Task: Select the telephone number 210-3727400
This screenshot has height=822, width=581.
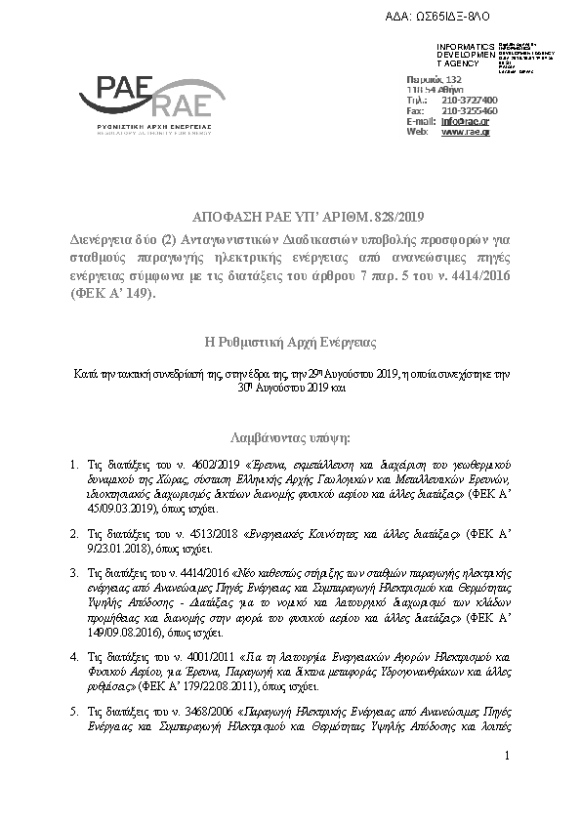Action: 470,100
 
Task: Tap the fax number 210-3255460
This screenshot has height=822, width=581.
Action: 470,110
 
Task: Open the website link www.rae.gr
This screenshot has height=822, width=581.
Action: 465,131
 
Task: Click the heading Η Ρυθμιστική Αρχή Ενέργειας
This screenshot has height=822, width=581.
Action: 290,343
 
